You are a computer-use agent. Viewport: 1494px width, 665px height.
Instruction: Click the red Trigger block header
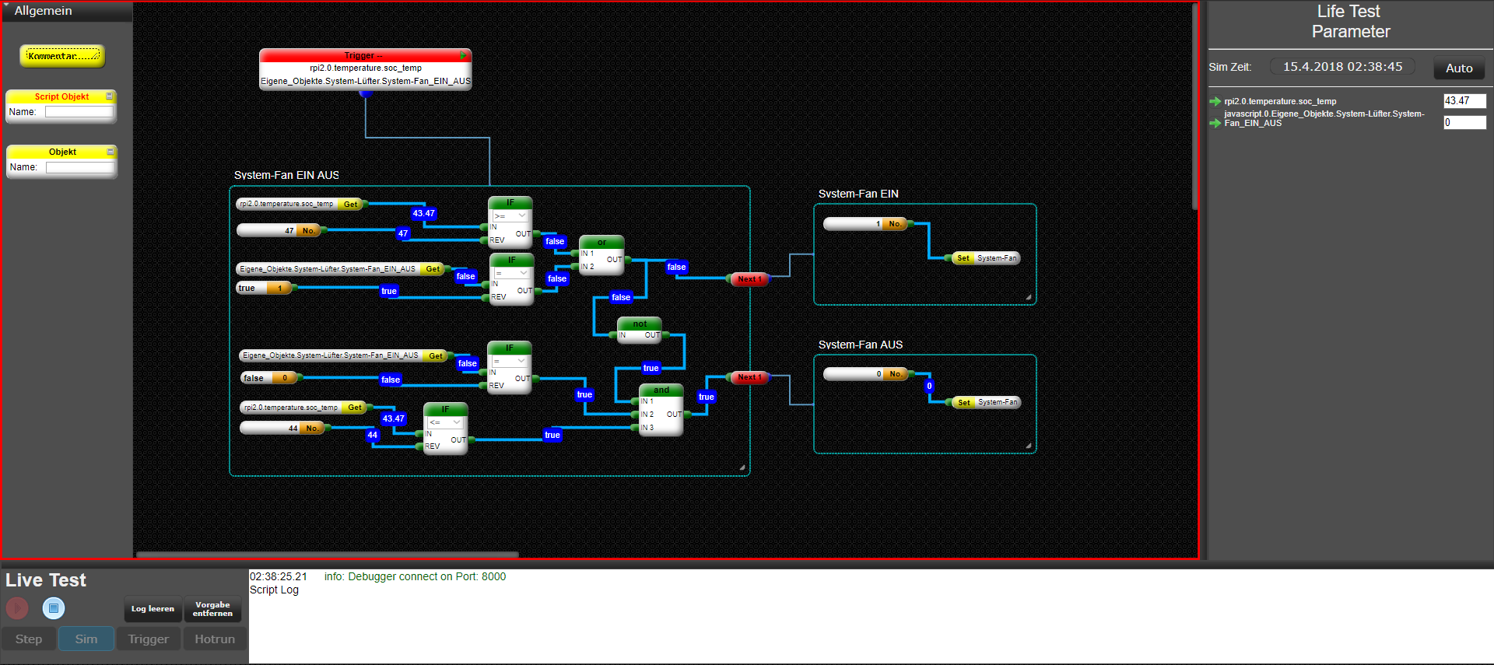tap(364, 56)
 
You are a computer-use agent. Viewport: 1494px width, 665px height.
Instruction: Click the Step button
tap(29, 639)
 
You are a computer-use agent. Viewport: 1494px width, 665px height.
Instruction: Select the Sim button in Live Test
tap(86, 639)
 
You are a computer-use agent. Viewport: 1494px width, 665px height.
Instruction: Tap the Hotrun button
tap(215, 639)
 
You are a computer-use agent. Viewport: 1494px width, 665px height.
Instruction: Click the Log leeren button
tap(153, 609)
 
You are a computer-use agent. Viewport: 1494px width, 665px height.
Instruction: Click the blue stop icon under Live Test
tap(54, 608)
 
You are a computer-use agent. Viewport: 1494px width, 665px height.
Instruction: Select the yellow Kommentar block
tap(62, 56)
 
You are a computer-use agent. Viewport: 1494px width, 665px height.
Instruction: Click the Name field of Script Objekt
tap(79, 112)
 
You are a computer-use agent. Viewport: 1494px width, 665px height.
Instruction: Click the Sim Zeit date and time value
tap(1342, 67)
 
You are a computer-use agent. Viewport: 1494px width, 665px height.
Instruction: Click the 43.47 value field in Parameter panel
tap(1464, 101)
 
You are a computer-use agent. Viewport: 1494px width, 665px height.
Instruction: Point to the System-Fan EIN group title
tap(858, 194)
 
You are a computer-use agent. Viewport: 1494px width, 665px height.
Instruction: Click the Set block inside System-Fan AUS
tap(964, 403)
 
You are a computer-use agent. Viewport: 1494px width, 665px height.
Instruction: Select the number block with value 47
tap(280, 231)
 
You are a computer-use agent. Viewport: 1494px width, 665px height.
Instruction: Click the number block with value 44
tap(282, 429)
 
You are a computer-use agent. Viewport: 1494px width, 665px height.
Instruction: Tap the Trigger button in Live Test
tap(148, 639)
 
